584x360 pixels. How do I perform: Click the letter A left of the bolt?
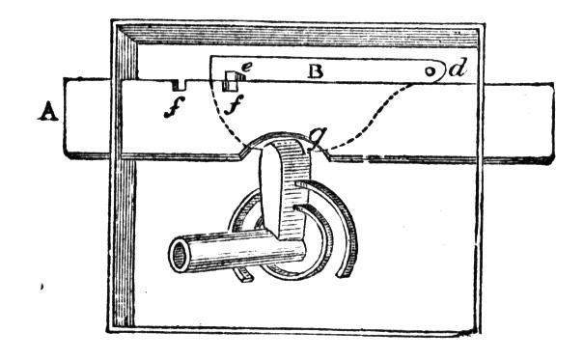click(x=48, y=112)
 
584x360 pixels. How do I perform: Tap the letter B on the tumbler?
click(x=316, y=71)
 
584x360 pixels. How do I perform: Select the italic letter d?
click(x=458, y=69)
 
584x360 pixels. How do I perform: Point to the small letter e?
click(x=247, y=67)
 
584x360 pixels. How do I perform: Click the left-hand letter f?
click(x=174, y=106)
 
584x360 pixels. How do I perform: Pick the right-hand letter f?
click(x=234, y=104)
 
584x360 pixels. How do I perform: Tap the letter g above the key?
click(x=318, y=137)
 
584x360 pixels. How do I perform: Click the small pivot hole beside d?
click(x=430, y=71)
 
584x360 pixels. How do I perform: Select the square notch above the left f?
click(x=179, y=85)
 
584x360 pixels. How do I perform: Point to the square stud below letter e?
click(x=230, y=81)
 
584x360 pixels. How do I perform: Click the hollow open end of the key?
click(x=180, y=256)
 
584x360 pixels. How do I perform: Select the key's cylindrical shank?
click(x=237, y=251)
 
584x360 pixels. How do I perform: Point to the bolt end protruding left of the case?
click(x=87, y=118)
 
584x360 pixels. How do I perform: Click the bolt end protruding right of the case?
click(x=516, y=124)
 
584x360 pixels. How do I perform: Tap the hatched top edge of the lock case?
click(x=298, y=36)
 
